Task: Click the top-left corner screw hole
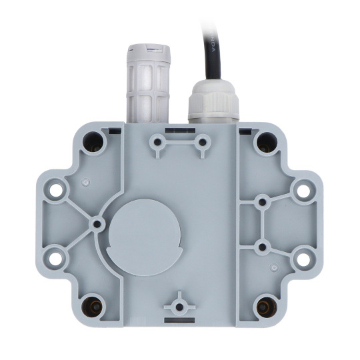pos(94,141)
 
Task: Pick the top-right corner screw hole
pos(266,141)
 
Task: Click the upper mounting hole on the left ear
pos(56,190)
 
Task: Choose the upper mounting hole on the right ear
pos(303,190)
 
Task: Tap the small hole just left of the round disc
pos(97,223)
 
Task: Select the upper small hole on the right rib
pos(263,200)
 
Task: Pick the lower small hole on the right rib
pos(263,247)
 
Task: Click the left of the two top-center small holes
pos(157,141)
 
